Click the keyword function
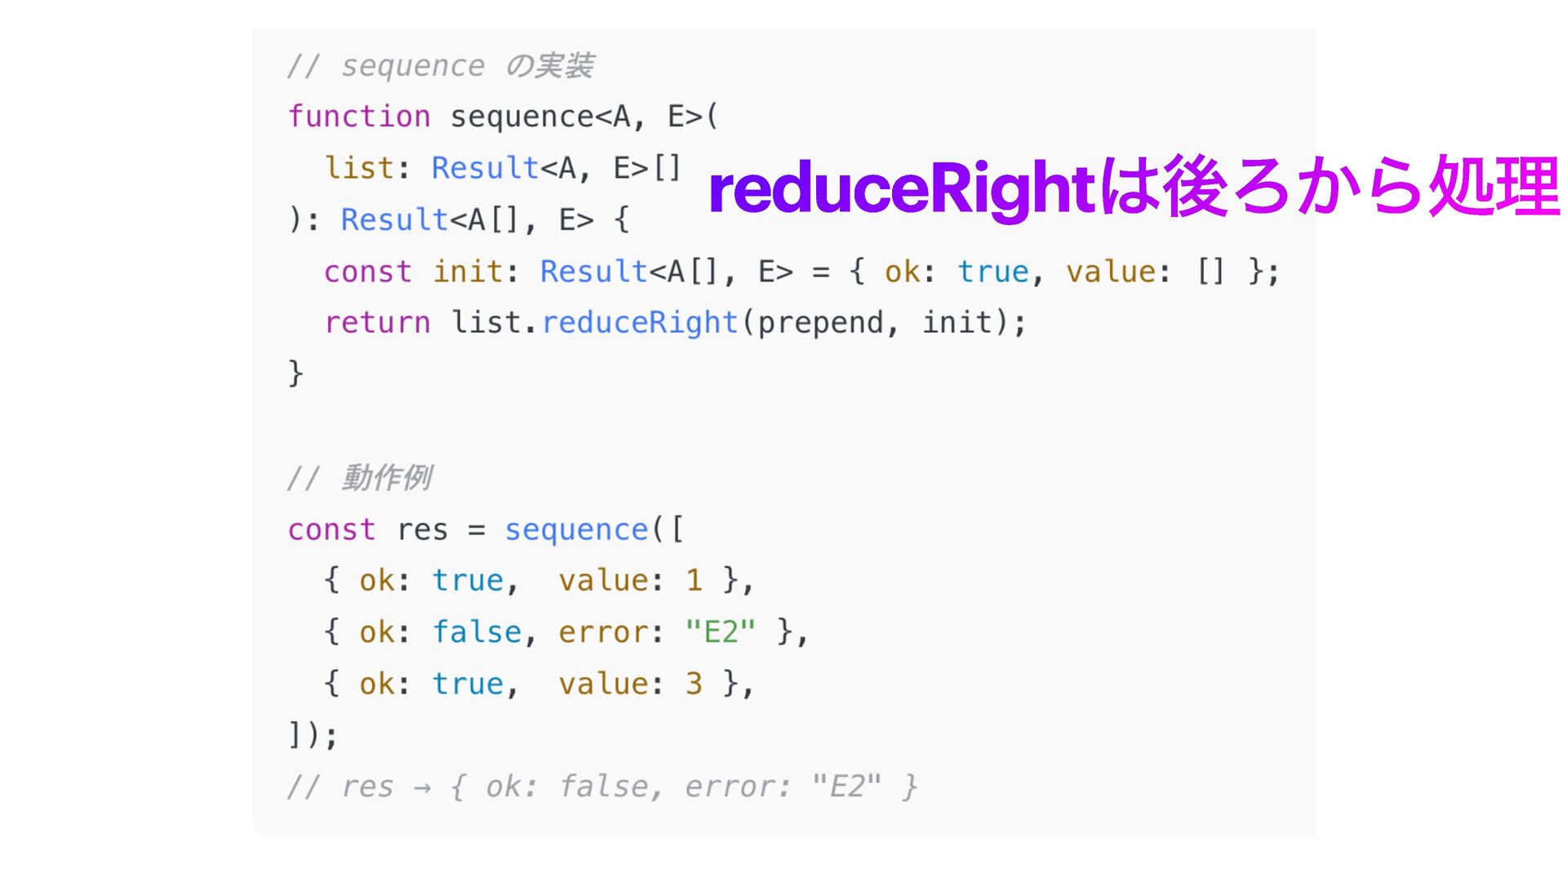(x=359, y=117)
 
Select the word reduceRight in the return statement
(x=640, y=322)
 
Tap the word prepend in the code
(x=820, y=322)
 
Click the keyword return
(x=377, y=322)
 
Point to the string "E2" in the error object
(x=721, y=631)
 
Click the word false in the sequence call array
(x=477, y=631)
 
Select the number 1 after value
(x=694, y=580)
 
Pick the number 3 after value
(x=694, y=684)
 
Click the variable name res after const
(x=422, y=529)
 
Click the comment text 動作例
(x=386, y=478)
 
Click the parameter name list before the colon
(x=359, y=168)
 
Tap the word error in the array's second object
(x=603, y=631)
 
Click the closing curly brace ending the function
(x=295, y=374)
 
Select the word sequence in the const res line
(x=576, y=529)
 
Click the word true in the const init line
(x=992, y=271)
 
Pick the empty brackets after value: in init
(x=1210, y=271)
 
